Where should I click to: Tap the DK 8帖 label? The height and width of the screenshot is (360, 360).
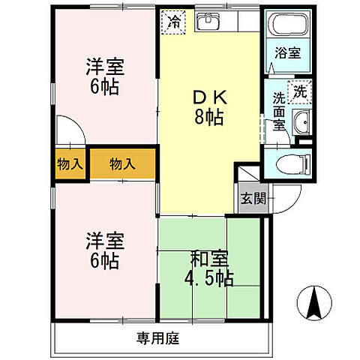click(209, 107)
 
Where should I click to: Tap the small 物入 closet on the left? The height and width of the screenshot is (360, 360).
click(70, 163)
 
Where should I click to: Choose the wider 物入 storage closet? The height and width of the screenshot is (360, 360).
click(123, 163)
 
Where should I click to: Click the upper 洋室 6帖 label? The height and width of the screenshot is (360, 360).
click(103, 76)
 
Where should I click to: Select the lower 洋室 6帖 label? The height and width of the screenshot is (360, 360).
click(103, 251)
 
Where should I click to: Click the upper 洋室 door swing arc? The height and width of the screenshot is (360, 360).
click(69, 129)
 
